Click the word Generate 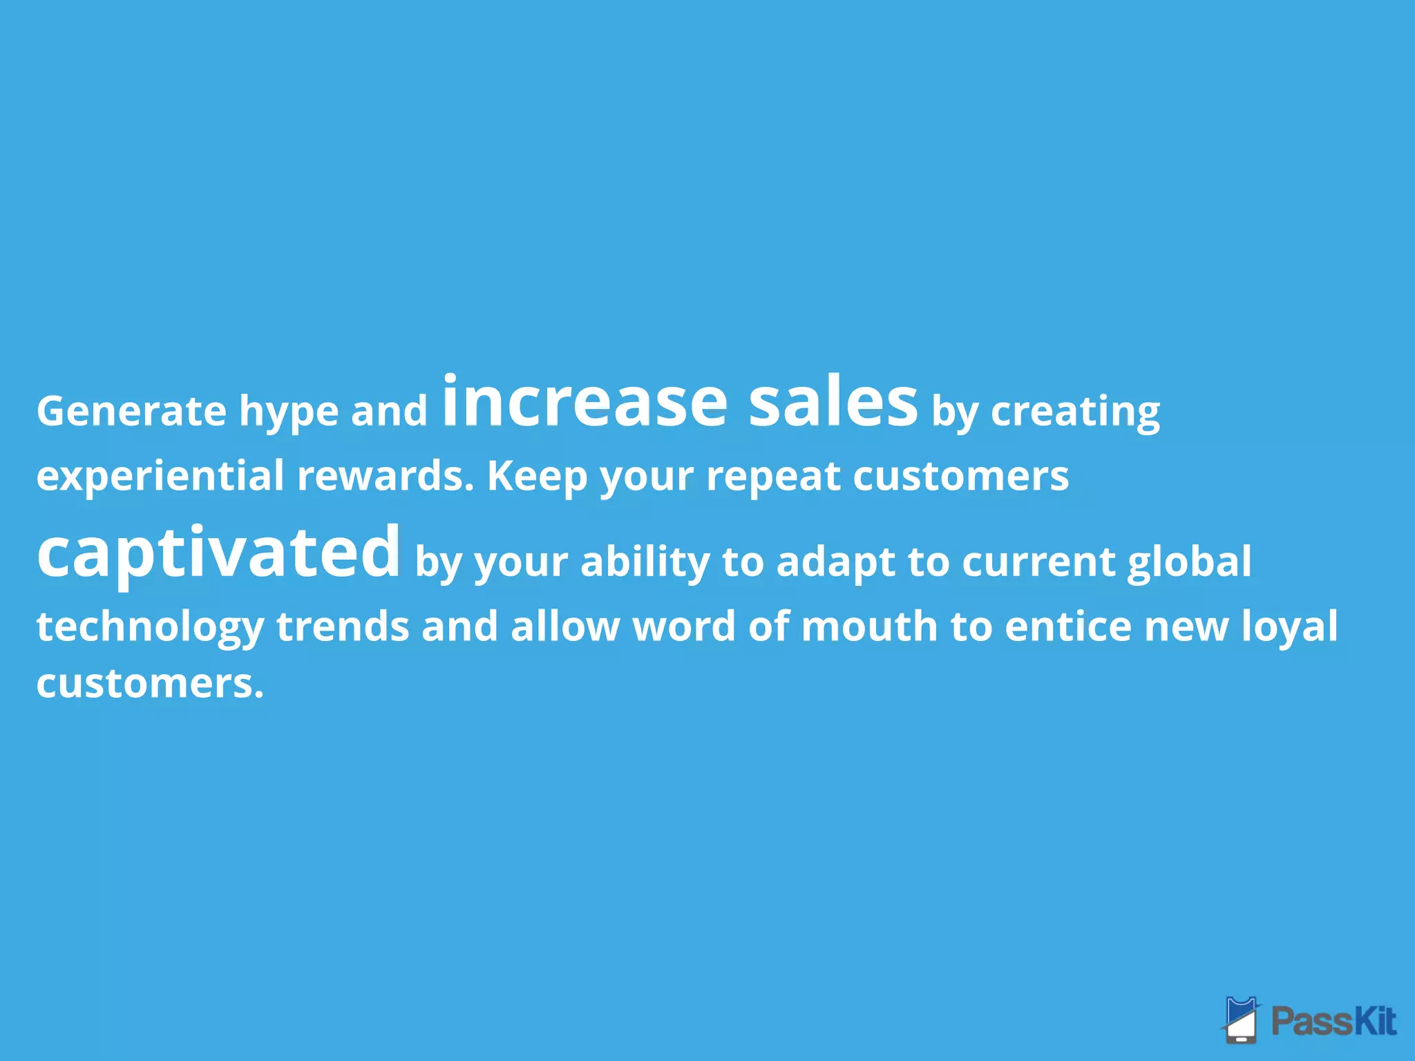click(x=131, y=411)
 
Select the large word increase click(x=585, y=401)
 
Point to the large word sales click(x=833, y=401)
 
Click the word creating click(x=1075, y=412)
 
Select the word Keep click(x=537, y=477)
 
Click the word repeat click(x=773, y=477)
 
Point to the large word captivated click(x=218, y=553)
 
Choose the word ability click(x=645, y=561)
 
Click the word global click(x=1189, y=561)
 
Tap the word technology click(x=150, y=627)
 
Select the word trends click(x=343, y=626)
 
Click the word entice click(x=1068, y=626)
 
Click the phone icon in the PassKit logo click(x=1241, y=1020)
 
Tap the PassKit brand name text click(x=1333, y=1021)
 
